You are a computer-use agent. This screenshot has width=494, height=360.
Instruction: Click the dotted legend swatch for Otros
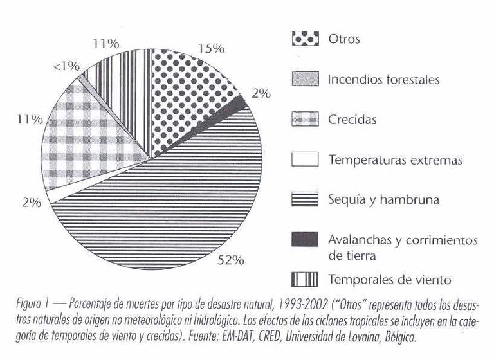coord(306,39)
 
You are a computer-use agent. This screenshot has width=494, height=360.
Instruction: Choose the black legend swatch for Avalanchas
coord(306,240)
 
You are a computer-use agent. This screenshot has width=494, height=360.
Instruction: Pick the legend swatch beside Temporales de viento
coord(306,280)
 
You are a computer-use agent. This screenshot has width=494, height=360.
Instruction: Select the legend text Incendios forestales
coord(383,80)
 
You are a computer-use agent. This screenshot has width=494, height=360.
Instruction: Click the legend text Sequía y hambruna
coord(383,200)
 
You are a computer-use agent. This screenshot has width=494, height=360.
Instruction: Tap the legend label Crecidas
coord(352,120)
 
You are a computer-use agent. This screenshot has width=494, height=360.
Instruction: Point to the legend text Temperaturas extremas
coord(395,160)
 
